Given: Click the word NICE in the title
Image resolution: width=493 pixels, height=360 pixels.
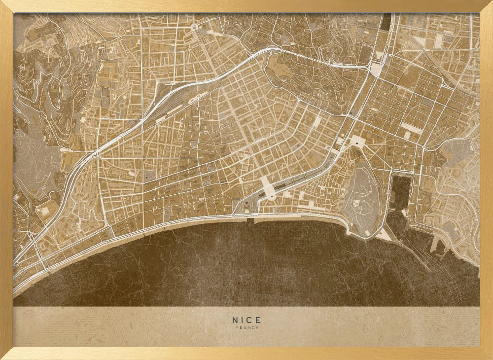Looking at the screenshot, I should [246, 320].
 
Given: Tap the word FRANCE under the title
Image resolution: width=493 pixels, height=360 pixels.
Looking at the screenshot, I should [246, 327].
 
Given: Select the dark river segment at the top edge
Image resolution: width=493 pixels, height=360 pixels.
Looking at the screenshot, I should [386, 22].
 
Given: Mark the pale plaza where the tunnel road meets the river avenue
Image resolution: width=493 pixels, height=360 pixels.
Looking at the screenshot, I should [376, 70].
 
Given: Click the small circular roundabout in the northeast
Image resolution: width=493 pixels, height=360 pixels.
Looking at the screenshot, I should [423, 50].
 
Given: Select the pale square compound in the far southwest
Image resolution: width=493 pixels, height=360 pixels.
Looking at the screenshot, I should [45, 212].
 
